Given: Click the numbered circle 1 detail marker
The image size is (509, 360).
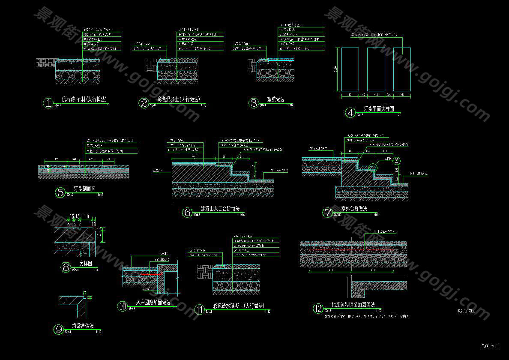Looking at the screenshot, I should [x=48, y=103].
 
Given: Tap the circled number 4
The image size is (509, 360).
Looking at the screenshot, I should [x=350, y=113].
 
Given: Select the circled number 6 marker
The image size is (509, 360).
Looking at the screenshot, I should [x=187, y=213].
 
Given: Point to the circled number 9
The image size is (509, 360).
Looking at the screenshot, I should [x=58, y=330].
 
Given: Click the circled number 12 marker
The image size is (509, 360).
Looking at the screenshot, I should [x=318, y=308].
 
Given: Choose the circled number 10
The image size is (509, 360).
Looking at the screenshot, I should [x=123, y=306].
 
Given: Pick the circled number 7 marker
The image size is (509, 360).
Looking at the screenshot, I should [x=327, y=213].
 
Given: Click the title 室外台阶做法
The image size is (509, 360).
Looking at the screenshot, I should [x=354, y=209].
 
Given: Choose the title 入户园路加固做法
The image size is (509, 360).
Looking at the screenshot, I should [x=153, y=303].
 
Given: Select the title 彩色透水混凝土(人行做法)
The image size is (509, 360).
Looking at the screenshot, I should [x=238, y=306].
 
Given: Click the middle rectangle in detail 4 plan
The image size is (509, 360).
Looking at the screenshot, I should [x=376, y=69].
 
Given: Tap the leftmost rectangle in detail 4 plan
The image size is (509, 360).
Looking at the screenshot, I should [x=350, y=69].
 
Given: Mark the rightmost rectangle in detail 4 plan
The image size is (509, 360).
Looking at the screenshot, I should [x=402, y=69].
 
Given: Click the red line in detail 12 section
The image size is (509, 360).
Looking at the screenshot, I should [x=351, y=249].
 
